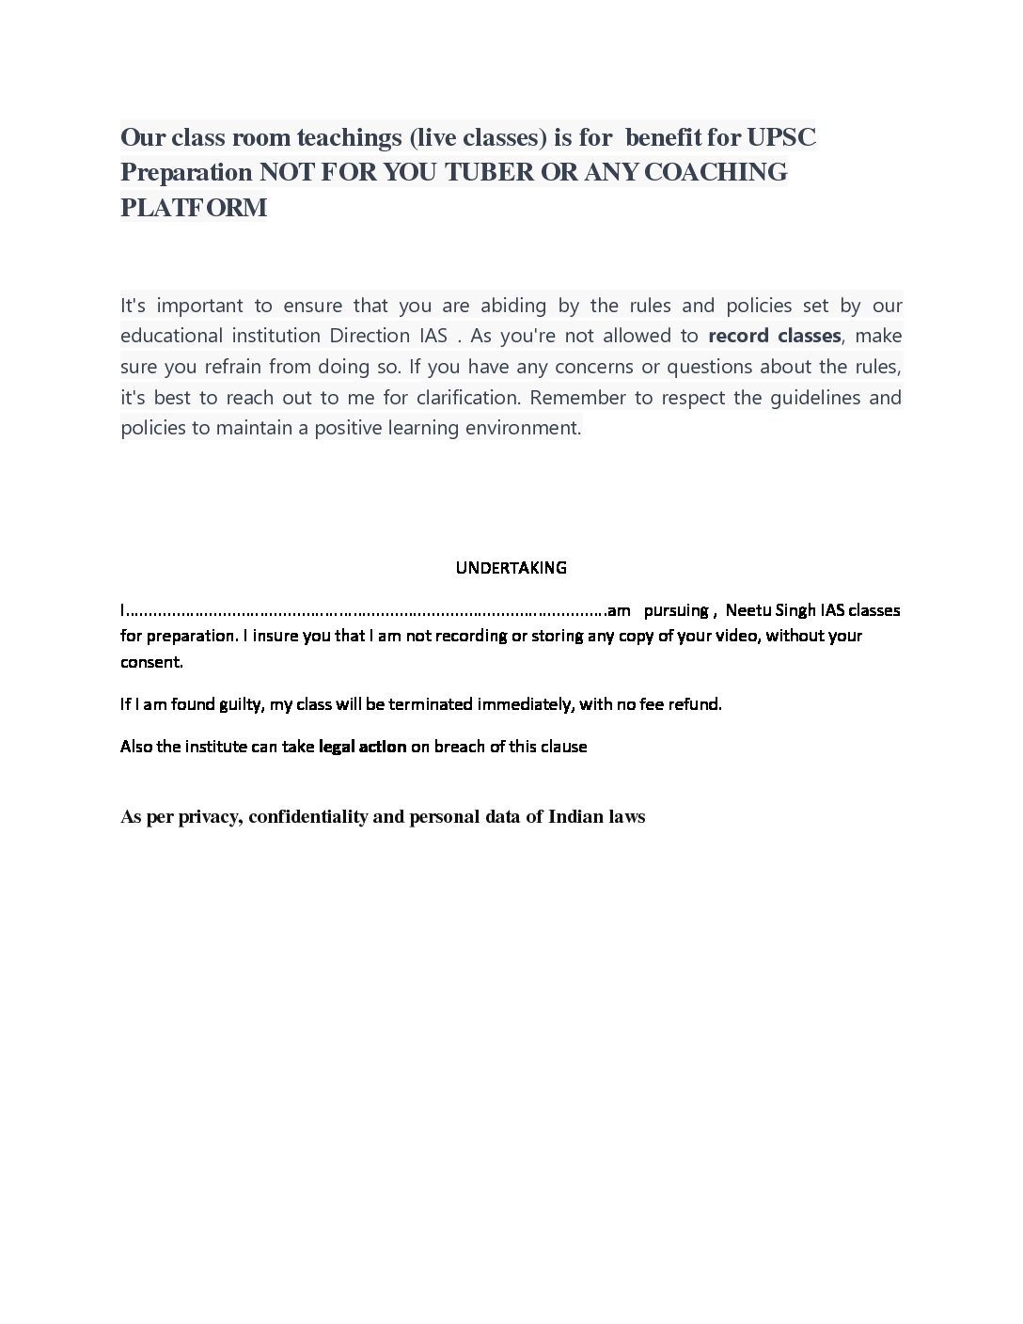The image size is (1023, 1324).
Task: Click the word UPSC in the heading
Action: tap(780, 137)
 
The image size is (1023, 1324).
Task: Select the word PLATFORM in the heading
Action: tap(194, 207)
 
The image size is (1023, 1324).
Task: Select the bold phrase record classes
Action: tap(774, 336)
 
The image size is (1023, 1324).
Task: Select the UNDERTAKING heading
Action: tap(511, 567)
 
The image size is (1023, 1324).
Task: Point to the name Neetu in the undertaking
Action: tap(748, 610)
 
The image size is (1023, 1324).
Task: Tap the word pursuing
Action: tap(675, 610)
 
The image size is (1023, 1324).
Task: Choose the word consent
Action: tap(150, 662)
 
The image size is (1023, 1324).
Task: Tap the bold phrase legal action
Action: tap(362, 747)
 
